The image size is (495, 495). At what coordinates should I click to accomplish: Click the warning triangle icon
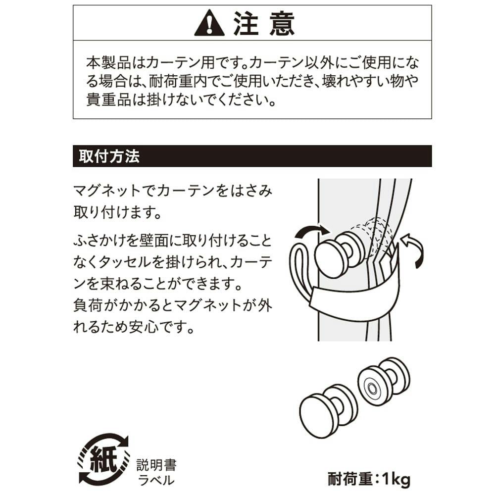tap(209, 23)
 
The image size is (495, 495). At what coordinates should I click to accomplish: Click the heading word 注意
tap(264, 23)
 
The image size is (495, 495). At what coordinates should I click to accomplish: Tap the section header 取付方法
tap(109, 156)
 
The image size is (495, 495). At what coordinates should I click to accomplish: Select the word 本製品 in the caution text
tap(109, 62)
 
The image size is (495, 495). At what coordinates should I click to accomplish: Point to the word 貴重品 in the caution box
tap(109, 99)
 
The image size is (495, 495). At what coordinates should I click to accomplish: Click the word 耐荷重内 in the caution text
tap(178, 81)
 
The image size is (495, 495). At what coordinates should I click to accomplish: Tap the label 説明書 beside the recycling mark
tap(156, 465)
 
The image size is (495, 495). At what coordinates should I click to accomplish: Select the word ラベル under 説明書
tap(156, 480)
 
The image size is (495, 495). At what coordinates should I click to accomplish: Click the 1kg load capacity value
tap(396, 479)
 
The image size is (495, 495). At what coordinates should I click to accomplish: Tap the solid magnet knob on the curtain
tap(340, 254)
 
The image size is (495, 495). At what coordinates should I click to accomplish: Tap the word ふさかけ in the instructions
tap(100, 241)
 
